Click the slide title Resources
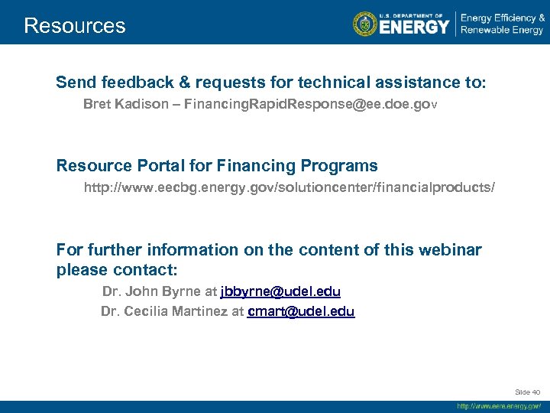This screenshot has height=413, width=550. click(x=74, y=26)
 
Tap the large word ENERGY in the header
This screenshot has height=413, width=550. click(x=414, y=28)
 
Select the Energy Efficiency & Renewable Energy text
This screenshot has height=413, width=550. click(x=501, y=24)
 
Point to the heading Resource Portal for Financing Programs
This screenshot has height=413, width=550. click(x=217, y=165)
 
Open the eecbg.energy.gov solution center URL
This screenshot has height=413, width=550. click(x=294, y=187)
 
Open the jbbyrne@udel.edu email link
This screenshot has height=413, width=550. click(x=280, y=291)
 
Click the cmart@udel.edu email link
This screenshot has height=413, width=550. click(x=301, y=311)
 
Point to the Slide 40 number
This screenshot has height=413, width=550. click(x=528, y=392)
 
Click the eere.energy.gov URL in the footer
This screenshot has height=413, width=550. click(x=499, y=406)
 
